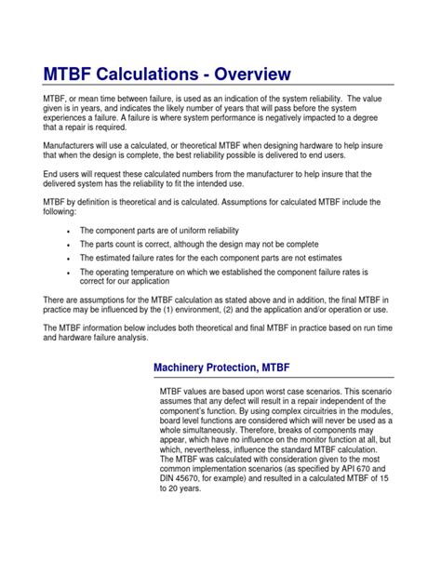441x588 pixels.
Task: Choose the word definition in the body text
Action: (109, 201)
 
